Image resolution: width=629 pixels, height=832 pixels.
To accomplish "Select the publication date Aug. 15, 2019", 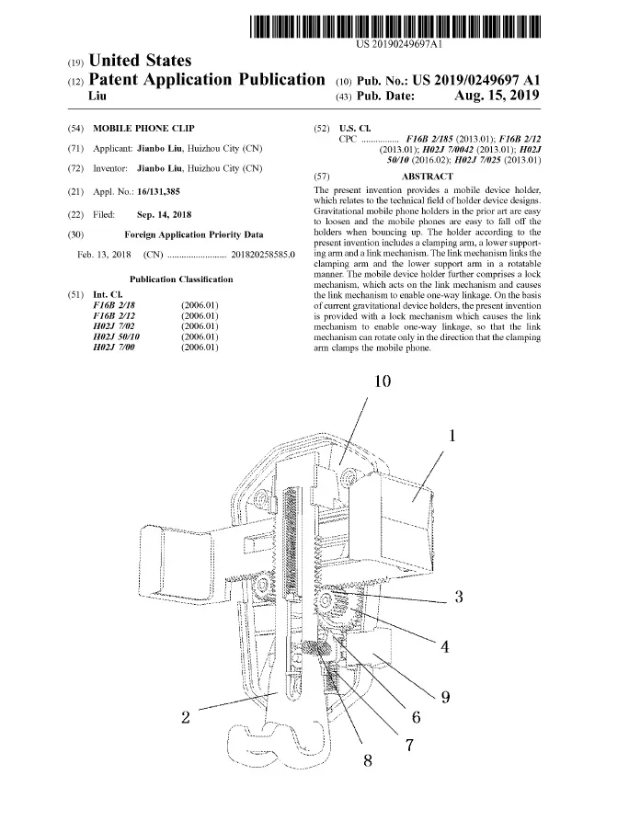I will pyautogui.click(x=497, y=96).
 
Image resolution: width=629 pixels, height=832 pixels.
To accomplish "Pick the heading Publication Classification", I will pyautogui.click(x=181, y=279).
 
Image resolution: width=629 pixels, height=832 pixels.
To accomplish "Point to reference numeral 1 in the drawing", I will pyautogui.click(x=452, y=436).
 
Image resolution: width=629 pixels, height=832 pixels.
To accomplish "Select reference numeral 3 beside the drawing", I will pyautogui.click(x=458, y=598).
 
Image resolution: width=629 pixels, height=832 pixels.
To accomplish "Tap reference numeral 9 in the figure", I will pyautogui.click(x=445, y=696).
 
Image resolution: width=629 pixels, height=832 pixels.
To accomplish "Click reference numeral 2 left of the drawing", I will pyautogui.click(x=186, y=718).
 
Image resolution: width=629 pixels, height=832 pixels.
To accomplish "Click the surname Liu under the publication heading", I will pyautogui.click(x=96, y=96).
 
